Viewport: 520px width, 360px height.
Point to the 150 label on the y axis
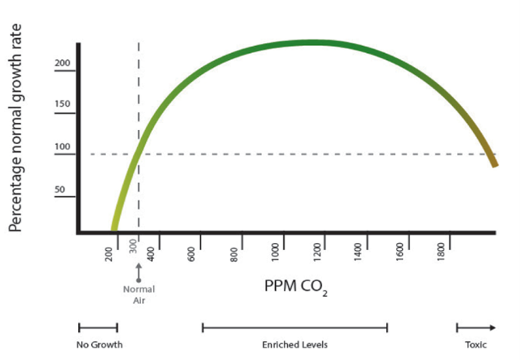pyautogui.click(x=62, y=104)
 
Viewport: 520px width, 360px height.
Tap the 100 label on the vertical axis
pyautogui.click(x=62, y=146)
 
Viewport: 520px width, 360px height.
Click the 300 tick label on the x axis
pyautogui.click(x=133, y=247)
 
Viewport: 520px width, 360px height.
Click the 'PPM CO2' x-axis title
pyautogui.click(x=295, y=290)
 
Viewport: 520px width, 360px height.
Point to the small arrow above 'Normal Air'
pyautogui.click(x=139, y=272)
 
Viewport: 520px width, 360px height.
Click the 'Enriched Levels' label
pyautogui.click(x=294, y=344)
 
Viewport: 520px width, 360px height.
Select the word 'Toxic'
pyautogui.click(x=476, y=344)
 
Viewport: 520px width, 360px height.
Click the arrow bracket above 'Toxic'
pyautogui.click(x=476, y=327)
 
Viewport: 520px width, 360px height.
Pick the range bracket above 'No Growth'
pyautogui.click(x=98, y=327)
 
